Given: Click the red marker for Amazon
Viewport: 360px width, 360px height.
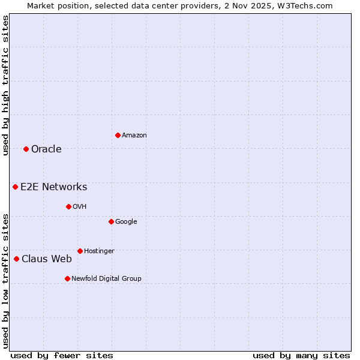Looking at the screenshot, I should tap(118, 135).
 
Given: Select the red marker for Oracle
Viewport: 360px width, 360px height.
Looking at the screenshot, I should tap(26, 149).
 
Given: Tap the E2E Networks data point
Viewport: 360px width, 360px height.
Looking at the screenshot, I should tap(15, 187).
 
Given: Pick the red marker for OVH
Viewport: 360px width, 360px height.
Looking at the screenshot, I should tap(68, 206).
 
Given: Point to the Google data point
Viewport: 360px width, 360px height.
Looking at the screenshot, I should tap(111, 221).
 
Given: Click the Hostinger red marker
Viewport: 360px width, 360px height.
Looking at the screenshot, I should tap(80, 251).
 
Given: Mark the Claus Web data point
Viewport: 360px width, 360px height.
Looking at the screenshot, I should tap(16, 259).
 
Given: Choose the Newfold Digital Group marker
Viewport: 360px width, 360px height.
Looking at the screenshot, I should tap(67, 278).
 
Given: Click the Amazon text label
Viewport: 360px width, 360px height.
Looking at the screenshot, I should tap(134, 136).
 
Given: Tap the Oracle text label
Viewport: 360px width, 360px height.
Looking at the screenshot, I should tap(46, 149).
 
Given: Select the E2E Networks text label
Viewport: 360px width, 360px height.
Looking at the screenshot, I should tap(54, 187).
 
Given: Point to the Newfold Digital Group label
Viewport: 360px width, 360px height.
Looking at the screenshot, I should tap(106, 278).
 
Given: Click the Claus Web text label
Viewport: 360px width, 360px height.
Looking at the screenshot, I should tap(47, 259).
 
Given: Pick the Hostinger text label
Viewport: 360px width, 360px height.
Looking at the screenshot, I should tap(99, 251).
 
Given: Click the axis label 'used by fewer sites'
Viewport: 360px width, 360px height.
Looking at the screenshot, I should tap(62, 355).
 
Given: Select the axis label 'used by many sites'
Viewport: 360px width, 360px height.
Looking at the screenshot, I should tap(301, 355).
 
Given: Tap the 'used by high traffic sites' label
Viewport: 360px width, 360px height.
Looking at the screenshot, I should tap(5, 85).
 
